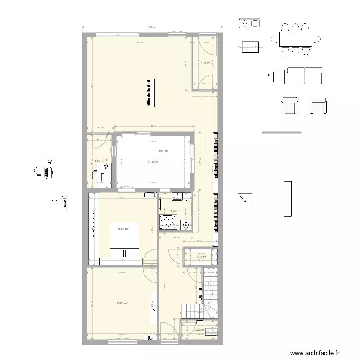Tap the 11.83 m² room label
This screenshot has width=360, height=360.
153,162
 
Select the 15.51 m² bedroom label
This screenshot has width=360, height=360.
123,229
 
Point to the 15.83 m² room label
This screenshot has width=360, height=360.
122,303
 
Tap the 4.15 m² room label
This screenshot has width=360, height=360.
99,161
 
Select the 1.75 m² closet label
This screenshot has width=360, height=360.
201,257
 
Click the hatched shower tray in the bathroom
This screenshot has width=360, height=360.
168,222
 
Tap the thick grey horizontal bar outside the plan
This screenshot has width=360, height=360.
281,132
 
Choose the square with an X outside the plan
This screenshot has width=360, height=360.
246,201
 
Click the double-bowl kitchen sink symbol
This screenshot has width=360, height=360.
249,23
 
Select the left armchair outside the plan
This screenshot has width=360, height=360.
289,106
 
